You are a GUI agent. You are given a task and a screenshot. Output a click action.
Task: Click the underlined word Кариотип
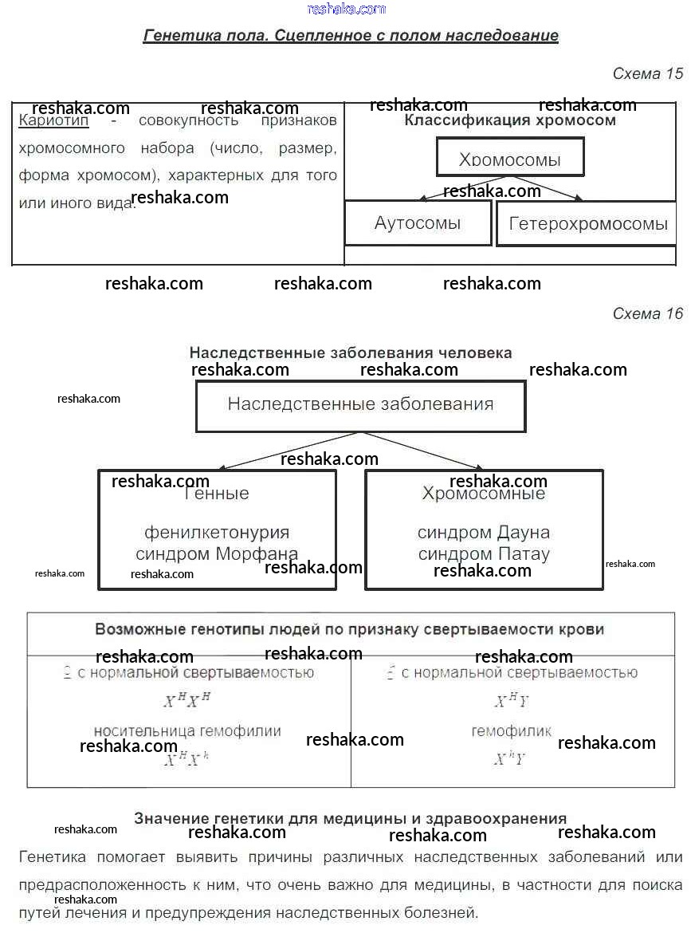pos(53,121)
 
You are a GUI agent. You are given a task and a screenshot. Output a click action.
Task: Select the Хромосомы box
pos(510,157)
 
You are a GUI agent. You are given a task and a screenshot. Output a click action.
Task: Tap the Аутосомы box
pos(418,223)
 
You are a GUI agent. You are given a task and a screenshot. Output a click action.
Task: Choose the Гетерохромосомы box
pos(587,223)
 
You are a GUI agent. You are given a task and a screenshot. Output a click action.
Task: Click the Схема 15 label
pos(647,74)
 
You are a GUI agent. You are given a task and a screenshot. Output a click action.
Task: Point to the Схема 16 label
pos(647,314)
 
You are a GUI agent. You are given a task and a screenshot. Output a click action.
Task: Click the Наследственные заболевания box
pos(360,405)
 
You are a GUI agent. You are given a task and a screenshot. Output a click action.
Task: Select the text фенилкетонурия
pos(217,533)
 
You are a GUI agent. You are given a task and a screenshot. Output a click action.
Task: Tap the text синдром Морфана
pos(217,554)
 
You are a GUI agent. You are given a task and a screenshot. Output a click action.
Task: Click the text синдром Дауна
pos(484,533)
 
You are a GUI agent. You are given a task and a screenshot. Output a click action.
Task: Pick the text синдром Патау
pos(484,554)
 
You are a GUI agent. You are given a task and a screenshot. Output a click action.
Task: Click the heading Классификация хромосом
pos(510,121)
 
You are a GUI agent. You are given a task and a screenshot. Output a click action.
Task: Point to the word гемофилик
pos(511,731)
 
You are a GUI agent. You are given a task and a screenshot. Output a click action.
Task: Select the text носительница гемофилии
pos(187,731)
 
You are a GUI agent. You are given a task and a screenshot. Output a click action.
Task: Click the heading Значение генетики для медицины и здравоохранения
pos(351,818)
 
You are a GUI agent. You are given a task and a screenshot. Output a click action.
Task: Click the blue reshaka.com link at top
pos(346,9)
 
